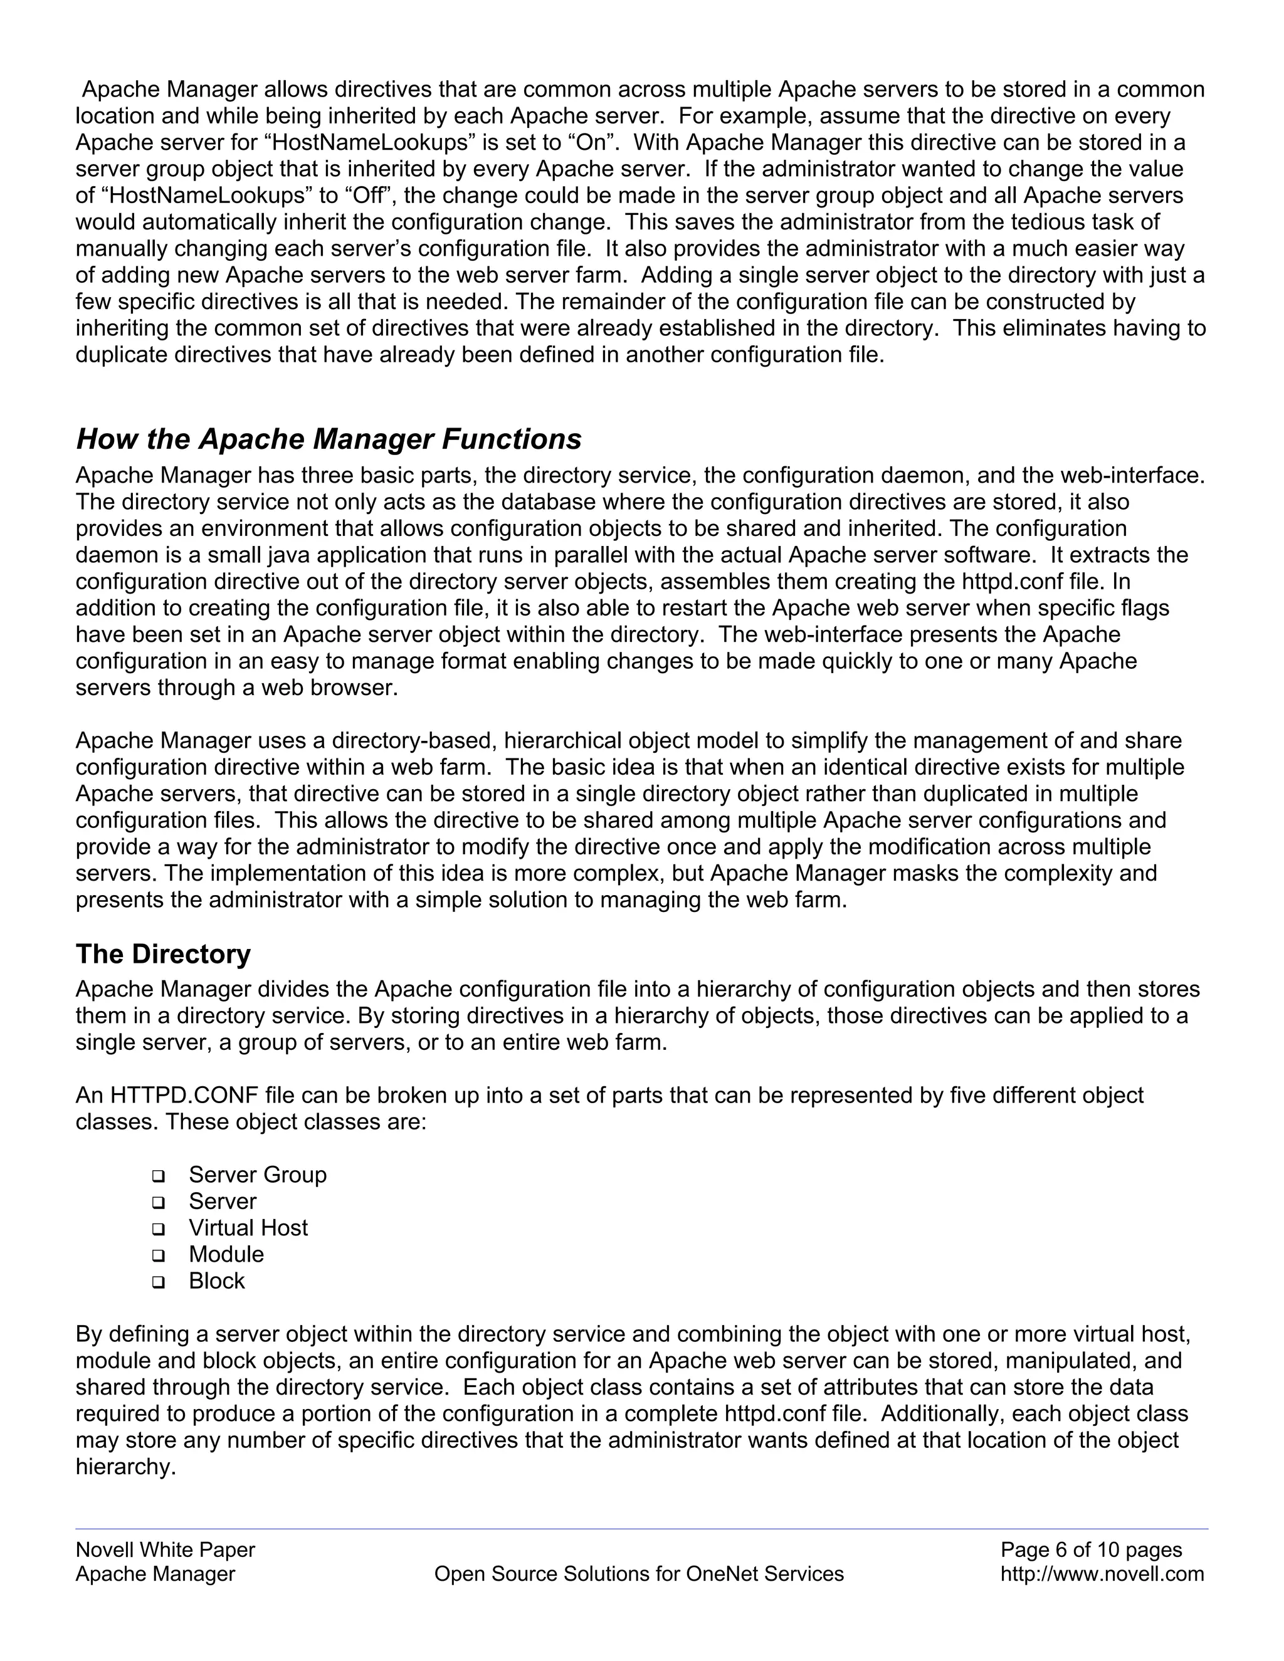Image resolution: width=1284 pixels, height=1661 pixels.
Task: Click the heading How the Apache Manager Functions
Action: pos(329,439)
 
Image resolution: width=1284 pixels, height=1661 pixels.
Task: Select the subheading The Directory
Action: pos(163,954)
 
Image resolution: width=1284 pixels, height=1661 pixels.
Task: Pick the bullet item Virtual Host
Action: pos(248,1227)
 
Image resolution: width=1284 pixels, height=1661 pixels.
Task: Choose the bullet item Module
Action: pos(226,1254)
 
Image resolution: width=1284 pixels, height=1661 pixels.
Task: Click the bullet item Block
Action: pos(217,1281)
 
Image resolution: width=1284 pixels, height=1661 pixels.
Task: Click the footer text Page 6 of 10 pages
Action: pos(1091,1550)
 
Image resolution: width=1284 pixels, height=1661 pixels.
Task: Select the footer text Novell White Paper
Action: pos(165,1550)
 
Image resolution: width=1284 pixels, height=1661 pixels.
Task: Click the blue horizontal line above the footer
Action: pos(641,1529)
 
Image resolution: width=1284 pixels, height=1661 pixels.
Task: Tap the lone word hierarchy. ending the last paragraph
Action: pos(125,1467)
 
